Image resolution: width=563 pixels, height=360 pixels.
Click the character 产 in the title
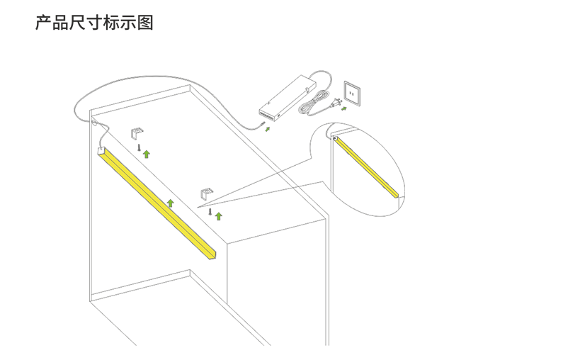click(x=43, y=22)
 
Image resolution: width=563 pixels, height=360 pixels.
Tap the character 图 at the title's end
click(x=145, y=22)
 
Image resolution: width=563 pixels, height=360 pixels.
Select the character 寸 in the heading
click(x=94, y=22)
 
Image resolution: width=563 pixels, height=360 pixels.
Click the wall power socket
click(x=353, y=93)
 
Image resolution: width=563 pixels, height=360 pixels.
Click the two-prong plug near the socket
click(x=336, y=103)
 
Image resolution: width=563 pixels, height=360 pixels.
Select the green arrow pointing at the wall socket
click(x=344, y=108)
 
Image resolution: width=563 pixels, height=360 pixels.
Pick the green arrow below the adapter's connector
click(x=268, y=129)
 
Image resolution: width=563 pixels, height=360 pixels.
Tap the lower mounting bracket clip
click(x=207, y=193)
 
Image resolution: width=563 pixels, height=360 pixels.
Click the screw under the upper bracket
click(x=139, y=147)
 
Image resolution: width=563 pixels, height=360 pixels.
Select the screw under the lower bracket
click(x=210, y=212)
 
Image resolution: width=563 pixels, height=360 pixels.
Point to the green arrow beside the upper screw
click(x=147, y=154)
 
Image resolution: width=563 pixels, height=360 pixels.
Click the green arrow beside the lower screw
click(x=218, y=216)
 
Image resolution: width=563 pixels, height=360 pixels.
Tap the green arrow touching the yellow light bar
click(x=171, y=203)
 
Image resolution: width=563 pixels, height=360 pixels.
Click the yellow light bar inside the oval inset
click(x=366, y=167)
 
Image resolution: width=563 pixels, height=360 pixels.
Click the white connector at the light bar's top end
click(x=101, y=150)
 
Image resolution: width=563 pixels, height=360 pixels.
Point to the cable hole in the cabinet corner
click(x=95, y=123)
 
